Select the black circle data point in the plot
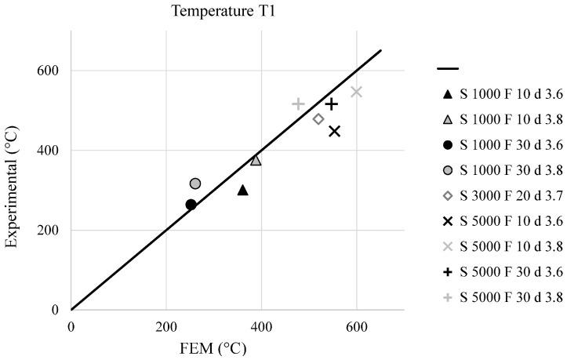[x=191, y=205]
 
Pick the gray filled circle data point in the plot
[x=195, y=184]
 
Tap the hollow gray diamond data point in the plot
[x=318, y=119]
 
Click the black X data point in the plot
[x=335, y=131]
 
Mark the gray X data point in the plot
[x=357, y=92]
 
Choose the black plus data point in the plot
[x=332, y=104]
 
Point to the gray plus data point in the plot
[x=298, y=104]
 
